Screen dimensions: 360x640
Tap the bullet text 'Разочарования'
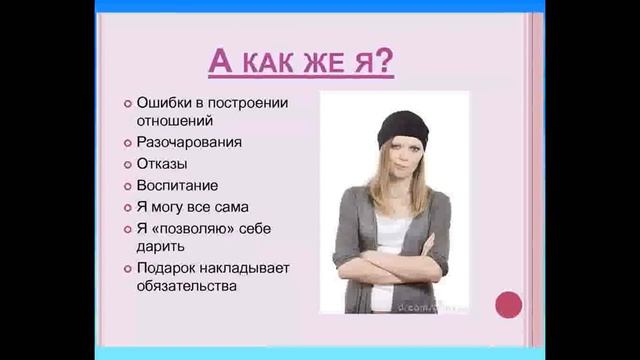pyautogui.click(x=189, y=142)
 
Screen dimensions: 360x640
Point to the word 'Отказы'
pyautogui.click(x=162, y=164)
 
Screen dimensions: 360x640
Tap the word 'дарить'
pyautogui.click(x=159, y=246)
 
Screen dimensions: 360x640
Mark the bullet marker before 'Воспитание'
pyautogui.click(x=128, y=186)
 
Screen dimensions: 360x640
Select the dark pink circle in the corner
pyautogui.click(x=509, y=303)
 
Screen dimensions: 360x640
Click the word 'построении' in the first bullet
pyautogui.click(x=249, y=102)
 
